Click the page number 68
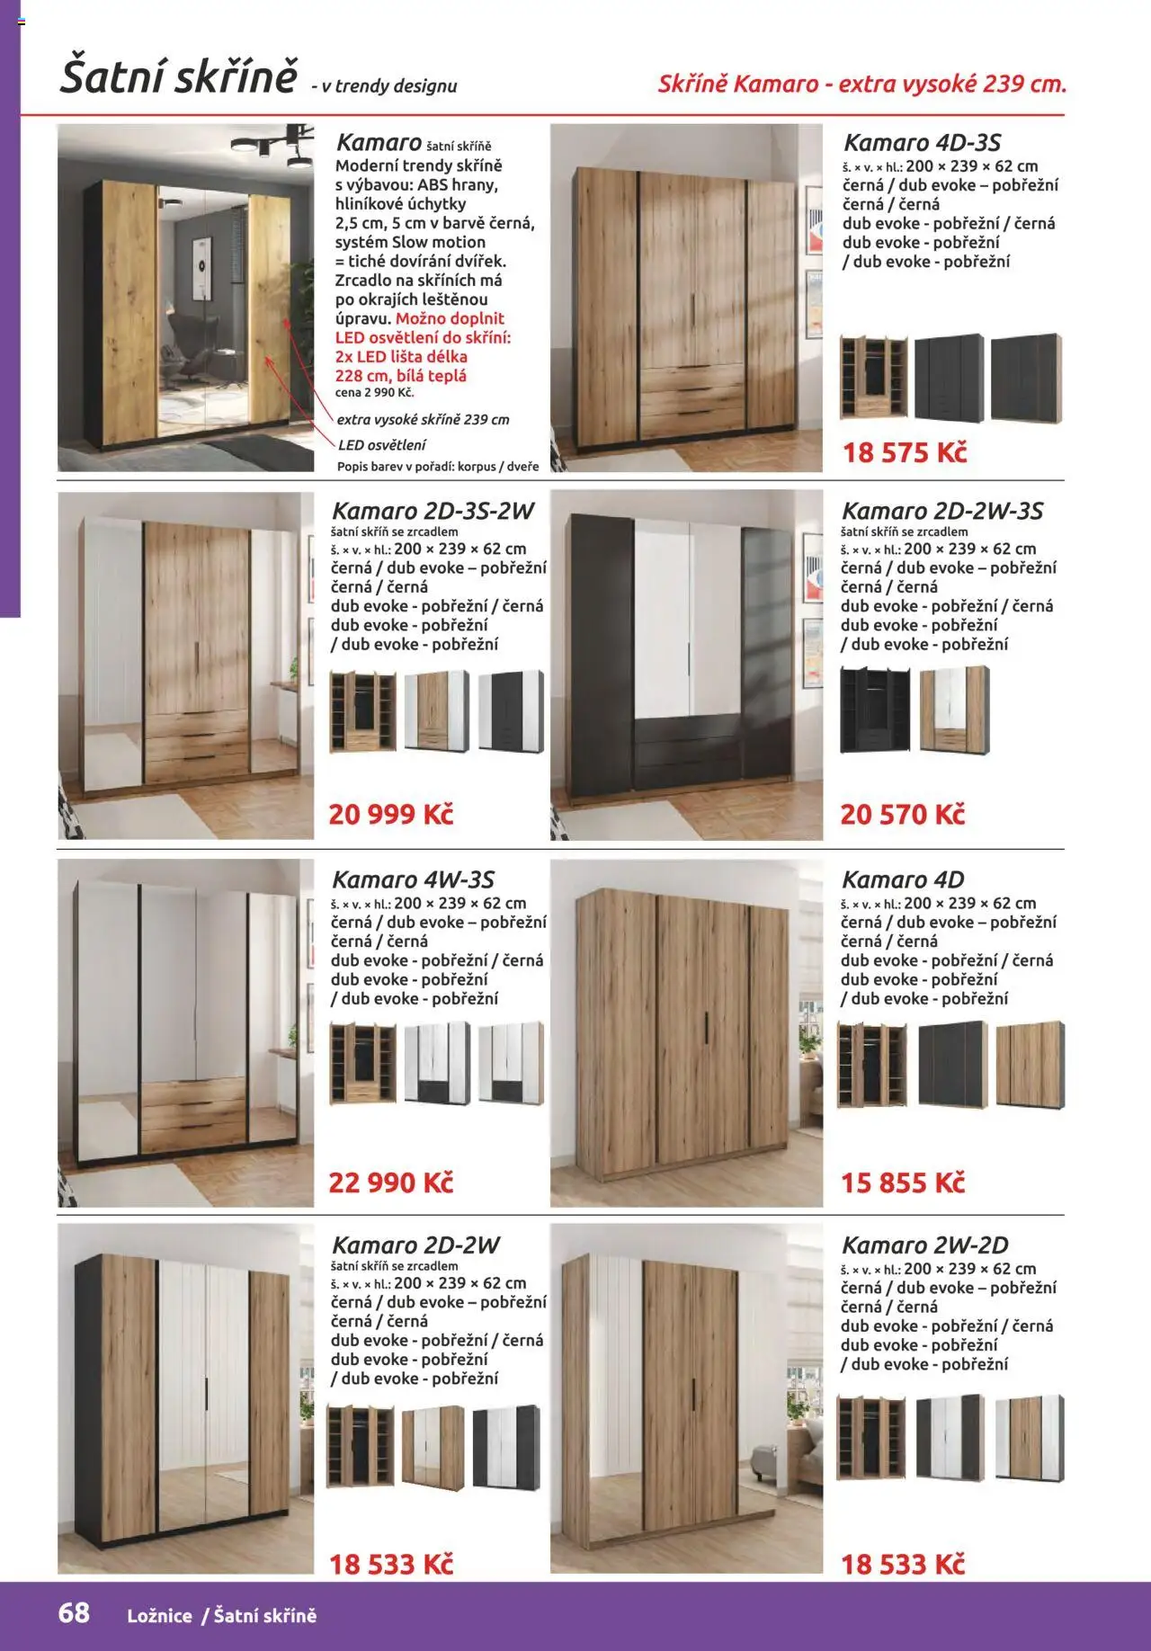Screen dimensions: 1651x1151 click(x=74, y=1612)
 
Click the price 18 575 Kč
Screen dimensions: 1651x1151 click(x=904, y=452)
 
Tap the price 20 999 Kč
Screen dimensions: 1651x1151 click(x=390, y=815)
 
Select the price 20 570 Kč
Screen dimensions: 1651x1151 click(x=902, y=815)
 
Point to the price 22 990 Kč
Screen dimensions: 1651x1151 click(x=390, y=1182)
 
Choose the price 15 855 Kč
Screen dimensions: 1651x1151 click(x=902, y=1182)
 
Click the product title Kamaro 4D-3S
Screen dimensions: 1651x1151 click(x=922, y=143)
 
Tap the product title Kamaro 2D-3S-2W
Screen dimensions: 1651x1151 click(x=433, y=512)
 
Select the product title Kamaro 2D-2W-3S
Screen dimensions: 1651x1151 click(x=941, y=512)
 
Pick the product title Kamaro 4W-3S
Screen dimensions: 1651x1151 click(x=413, y=879)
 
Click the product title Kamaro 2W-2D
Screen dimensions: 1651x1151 click(x=924, y=1245)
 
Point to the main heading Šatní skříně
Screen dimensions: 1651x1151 click(x=178, y=76)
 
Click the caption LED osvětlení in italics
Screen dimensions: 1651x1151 click(x=382, y=445)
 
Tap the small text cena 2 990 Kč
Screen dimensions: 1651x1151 click(x=375, y=393)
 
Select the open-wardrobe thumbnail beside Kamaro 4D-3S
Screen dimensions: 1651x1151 click(x=872, y=377)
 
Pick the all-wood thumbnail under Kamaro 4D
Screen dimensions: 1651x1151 click(x=1030, y=1065)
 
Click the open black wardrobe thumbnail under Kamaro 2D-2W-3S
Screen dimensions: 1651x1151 click(x=874, y=709)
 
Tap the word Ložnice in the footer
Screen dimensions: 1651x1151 click(x=159, y=1616)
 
